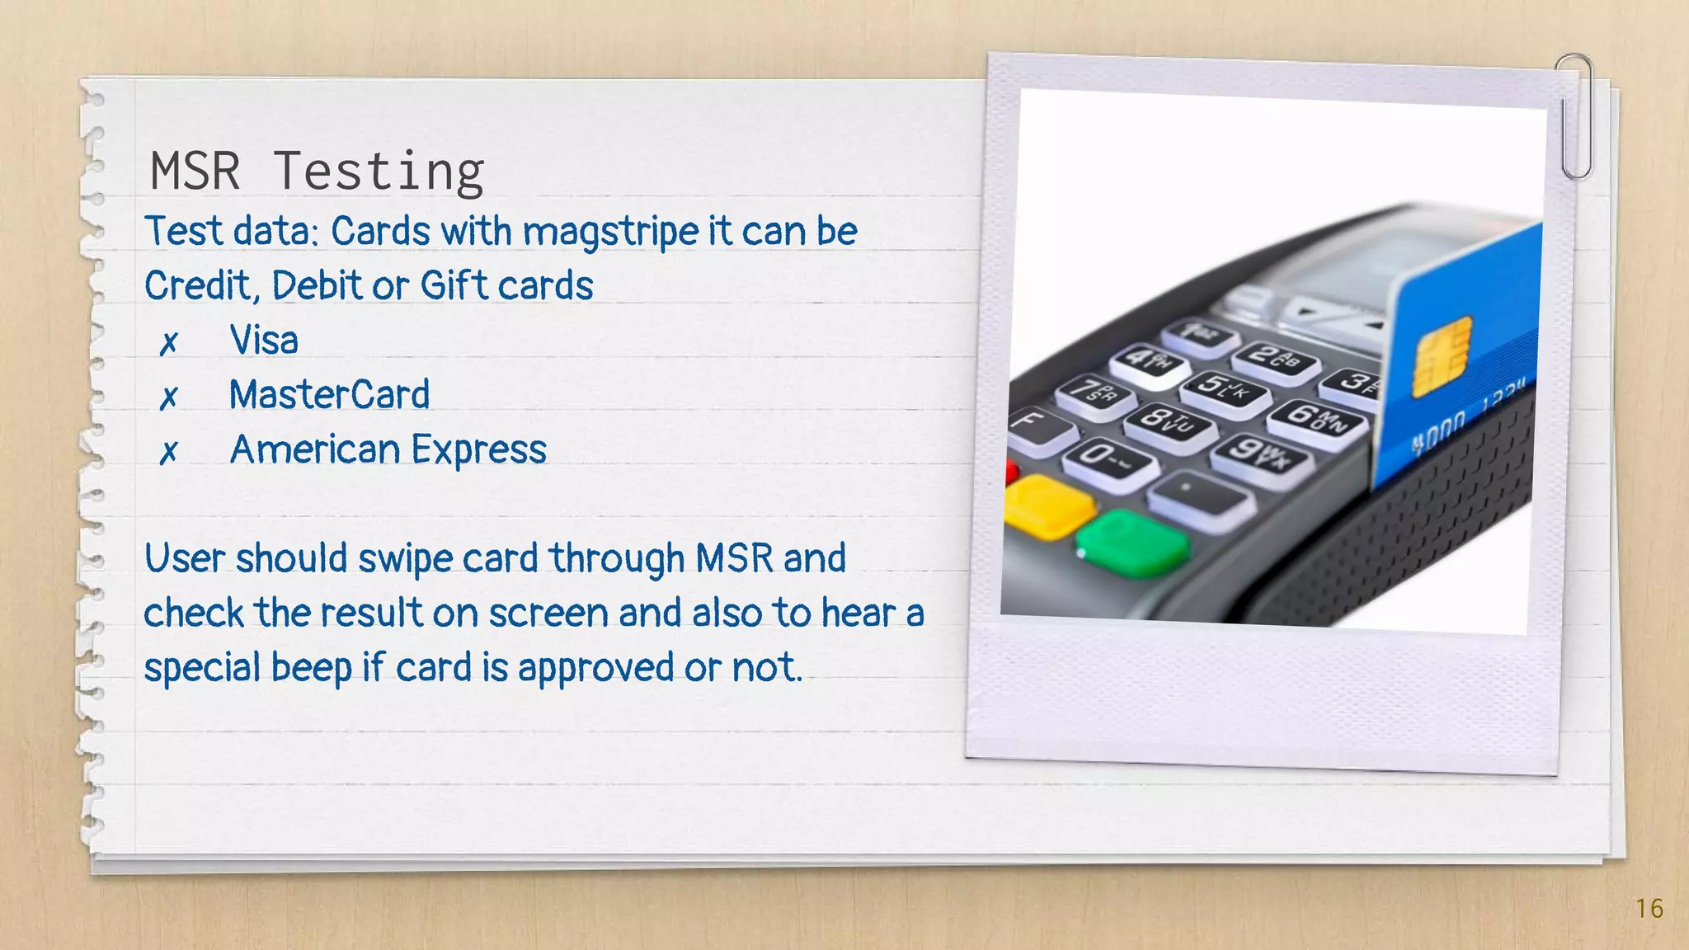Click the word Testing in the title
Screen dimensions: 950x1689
(378, 173)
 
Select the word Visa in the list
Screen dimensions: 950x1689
(263, 340)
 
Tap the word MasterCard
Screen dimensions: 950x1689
(329, 394)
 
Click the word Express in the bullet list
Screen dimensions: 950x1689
(478, 450)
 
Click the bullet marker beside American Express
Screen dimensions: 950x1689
(168, 452)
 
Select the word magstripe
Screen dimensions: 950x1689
(610, 233)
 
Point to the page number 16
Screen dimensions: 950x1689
(1649, 909)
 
